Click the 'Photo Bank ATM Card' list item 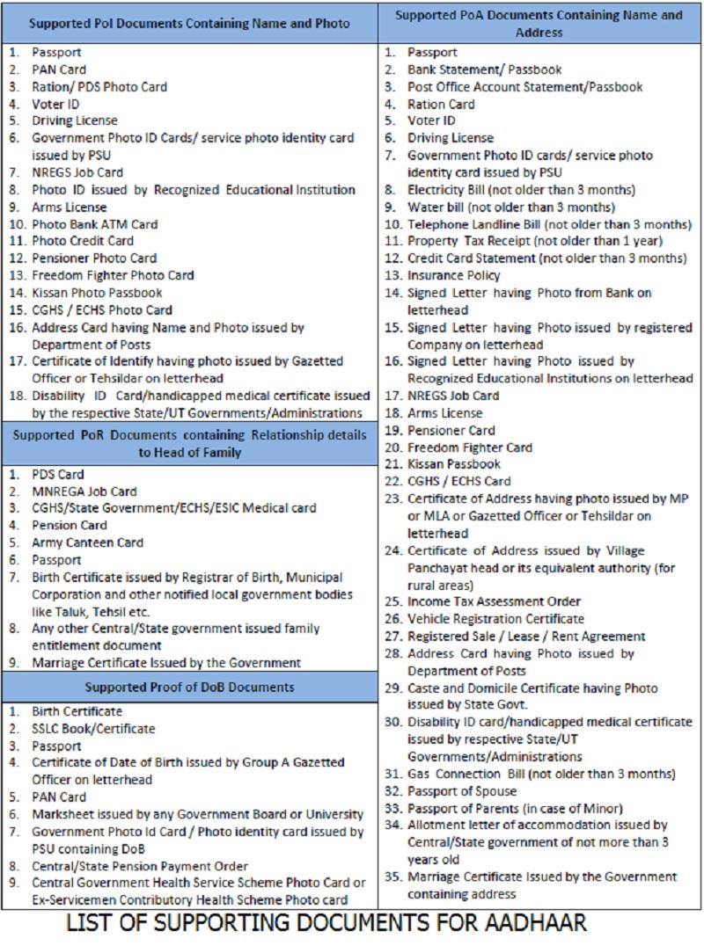click(x=94, y=224)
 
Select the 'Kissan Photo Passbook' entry click(x=97, y=293)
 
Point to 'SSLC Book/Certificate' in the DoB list click(x=93, y=728)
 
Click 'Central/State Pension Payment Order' click(x=140, y=866)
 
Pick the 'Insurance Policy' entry click(x=453, y=275)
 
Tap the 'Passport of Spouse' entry click(x=462, y=791)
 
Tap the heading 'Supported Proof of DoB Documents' click(x=189, y=687)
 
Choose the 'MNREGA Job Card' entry click(x=84, y=491)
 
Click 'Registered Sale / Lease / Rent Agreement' click(x=525, y=637)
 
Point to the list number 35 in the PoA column click(x=392, y=877)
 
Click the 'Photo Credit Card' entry click(x=83, y=241)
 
